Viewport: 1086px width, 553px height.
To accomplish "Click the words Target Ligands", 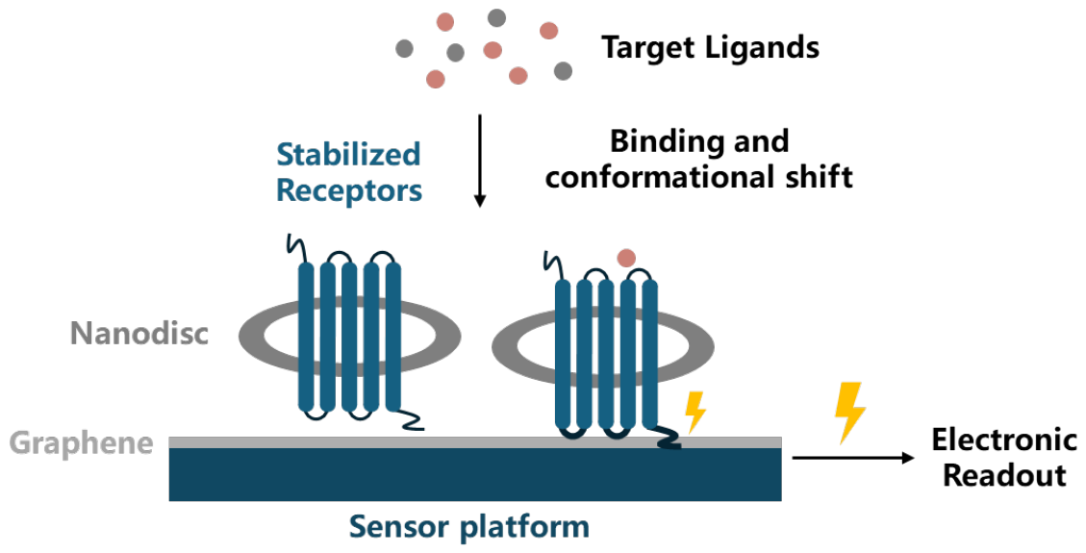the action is [710, 48].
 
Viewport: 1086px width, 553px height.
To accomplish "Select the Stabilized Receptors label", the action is [349, 172].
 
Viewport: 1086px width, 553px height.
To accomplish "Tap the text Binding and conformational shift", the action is [699, 160].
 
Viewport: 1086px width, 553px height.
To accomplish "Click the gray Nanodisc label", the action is [139, 334].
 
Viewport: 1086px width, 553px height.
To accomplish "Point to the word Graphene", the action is [81, 443].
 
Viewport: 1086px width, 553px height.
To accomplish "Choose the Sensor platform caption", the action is [468, 527].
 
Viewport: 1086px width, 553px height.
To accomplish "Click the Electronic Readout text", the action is [1003, 458].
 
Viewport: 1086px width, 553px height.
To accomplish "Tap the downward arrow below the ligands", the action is [479, 161].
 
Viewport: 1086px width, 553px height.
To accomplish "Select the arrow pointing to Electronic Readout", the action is [853, 458].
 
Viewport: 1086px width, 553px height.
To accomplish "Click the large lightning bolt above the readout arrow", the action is [849, 413].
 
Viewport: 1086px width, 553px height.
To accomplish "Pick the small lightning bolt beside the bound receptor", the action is [695, 412].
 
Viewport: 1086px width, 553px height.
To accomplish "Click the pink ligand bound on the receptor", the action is [626, 259].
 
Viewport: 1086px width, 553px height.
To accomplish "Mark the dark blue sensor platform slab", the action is [475, 474].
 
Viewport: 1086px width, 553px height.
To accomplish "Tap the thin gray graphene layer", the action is [475, 442].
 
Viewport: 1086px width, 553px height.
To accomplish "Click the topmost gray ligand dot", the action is [496, 17].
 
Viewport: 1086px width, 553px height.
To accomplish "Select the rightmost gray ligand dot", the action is [563, 70].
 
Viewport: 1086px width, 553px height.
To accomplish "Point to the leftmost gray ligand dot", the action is [404, 48].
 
